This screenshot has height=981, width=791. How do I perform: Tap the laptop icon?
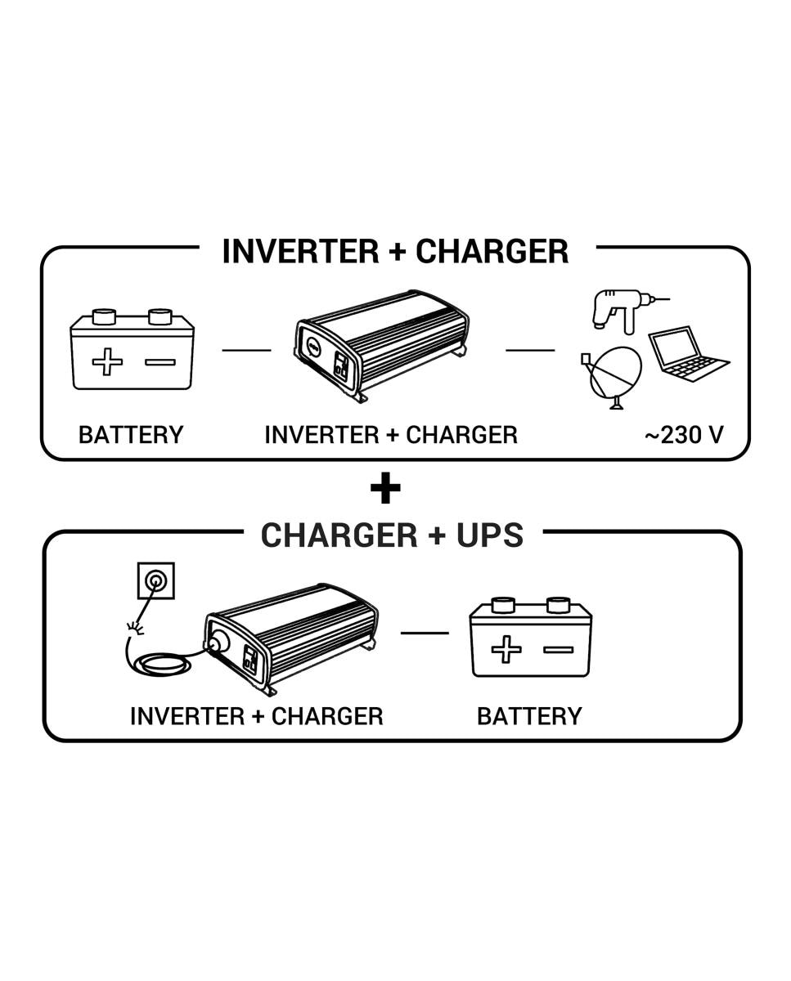click(688, 354)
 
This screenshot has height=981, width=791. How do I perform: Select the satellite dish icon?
click(612, 378)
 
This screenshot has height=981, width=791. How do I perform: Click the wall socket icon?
click(156, 580)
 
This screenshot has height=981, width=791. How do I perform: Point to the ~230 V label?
click(684, 435)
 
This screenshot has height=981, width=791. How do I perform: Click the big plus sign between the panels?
click(385, 488)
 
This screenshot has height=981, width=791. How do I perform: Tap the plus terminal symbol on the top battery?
click(107, 361)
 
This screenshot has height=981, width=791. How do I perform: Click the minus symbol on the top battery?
click(160, 362)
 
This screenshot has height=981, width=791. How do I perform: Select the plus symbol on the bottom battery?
click(506, 649)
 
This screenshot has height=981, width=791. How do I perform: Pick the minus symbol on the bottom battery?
click(559, 650)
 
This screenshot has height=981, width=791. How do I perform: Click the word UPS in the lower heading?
click(489, 535)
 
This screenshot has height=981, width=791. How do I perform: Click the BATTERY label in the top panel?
click(131, 435)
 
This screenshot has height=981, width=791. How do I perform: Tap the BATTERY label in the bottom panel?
click(529, 716)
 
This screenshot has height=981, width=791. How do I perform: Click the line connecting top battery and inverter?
click(246, 350)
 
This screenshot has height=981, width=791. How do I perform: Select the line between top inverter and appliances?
click(530, 350)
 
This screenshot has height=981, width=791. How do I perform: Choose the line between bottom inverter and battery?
click(425, 633)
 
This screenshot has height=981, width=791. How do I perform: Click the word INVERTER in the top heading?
click(301, 251)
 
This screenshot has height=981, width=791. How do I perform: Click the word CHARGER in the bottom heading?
click(339, 535)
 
